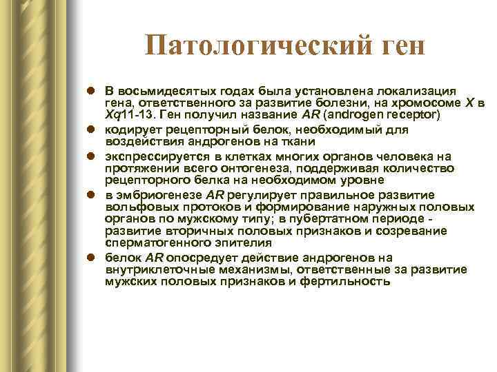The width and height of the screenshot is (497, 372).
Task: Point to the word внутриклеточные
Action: click(152, 270)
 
